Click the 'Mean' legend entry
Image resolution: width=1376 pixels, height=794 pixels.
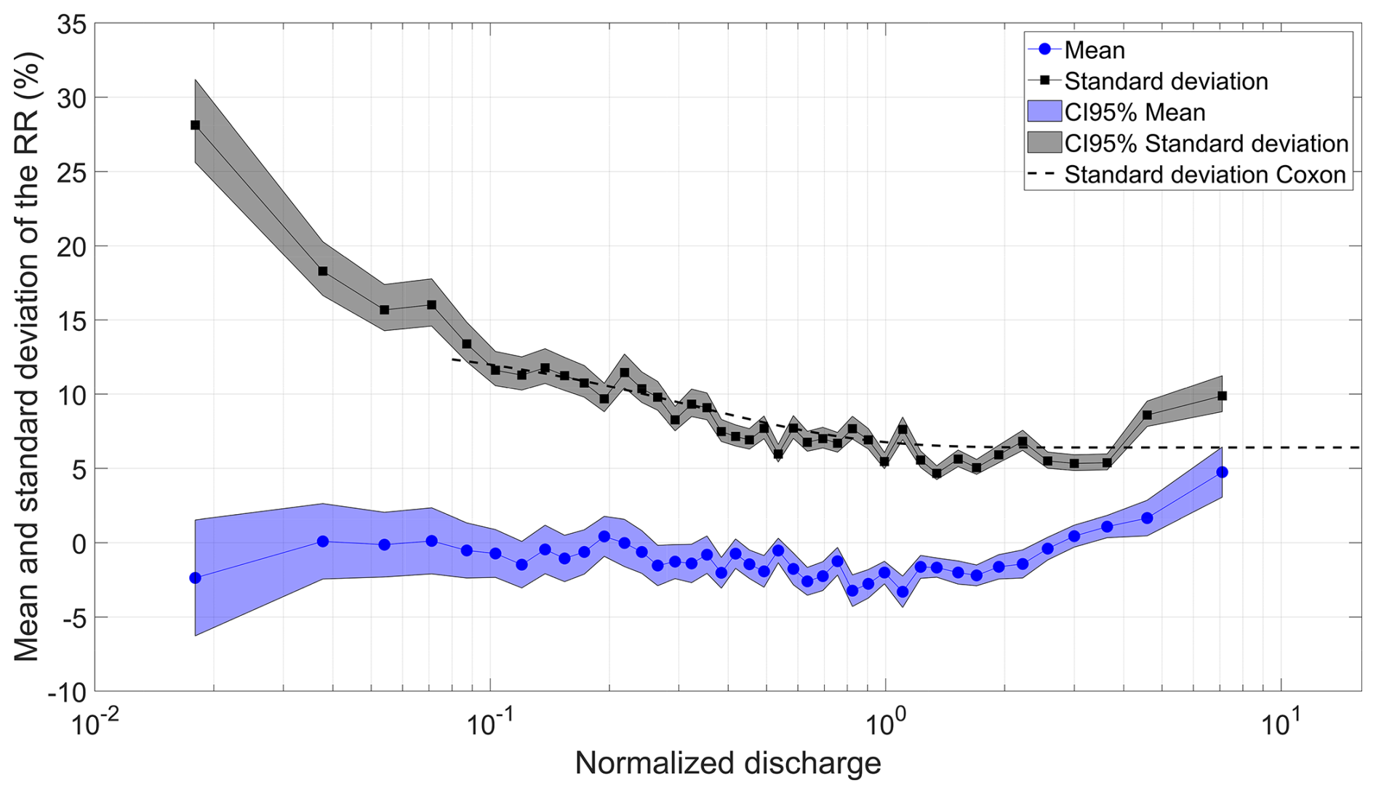(1094, 50)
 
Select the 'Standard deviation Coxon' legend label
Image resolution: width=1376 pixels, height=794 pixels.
(1205, 175)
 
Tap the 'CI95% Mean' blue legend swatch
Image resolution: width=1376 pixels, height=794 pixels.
(1044, 112)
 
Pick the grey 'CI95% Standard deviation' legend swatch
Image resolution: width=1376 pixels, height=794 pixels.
(1044, 143)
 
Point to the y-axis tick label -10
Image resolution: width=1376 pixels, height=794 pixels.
(66, 692)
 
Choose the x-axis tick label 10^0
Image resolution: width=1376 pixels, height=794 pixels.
(885, 725)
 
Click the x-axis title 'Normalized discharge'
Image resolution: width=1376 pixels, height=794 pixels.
(727, 763)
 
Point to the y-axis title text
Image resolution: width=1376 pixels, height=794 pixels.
(27, 356)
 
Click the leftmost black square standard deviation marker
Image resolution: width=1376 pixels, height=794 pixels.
(195, 125)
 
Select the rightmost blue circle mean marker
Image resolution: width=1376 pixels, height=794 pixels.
(1222, 472)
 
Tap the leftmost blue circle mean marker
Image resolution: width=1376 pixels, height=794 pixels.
(195, 578)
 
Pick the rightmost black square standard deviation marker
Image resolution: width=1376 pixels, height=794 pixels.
(1222, 396)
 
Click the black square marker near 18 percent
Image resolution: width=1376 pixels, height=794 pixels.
(323, 271)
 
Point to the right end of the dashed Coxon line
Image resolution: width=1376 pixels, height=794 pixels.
(1359, 447)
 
